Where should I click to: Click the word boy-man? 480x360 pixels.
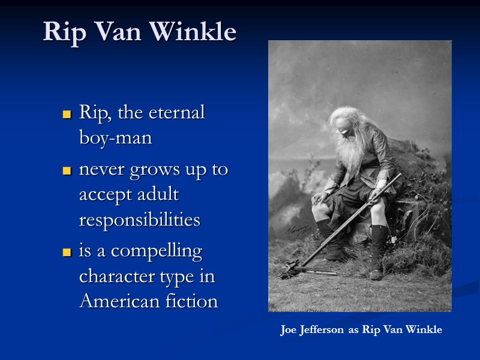(115, 138)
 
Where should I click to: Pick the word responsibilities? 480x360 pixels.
(139, 220)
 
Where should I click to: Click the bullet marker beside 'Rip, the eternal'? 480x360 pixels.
(67, 114)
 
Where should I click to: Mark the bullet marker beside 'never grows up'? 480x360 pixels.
(67, 172)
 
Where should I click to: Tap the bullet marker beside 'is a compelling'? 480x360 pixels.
(67, 253)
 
